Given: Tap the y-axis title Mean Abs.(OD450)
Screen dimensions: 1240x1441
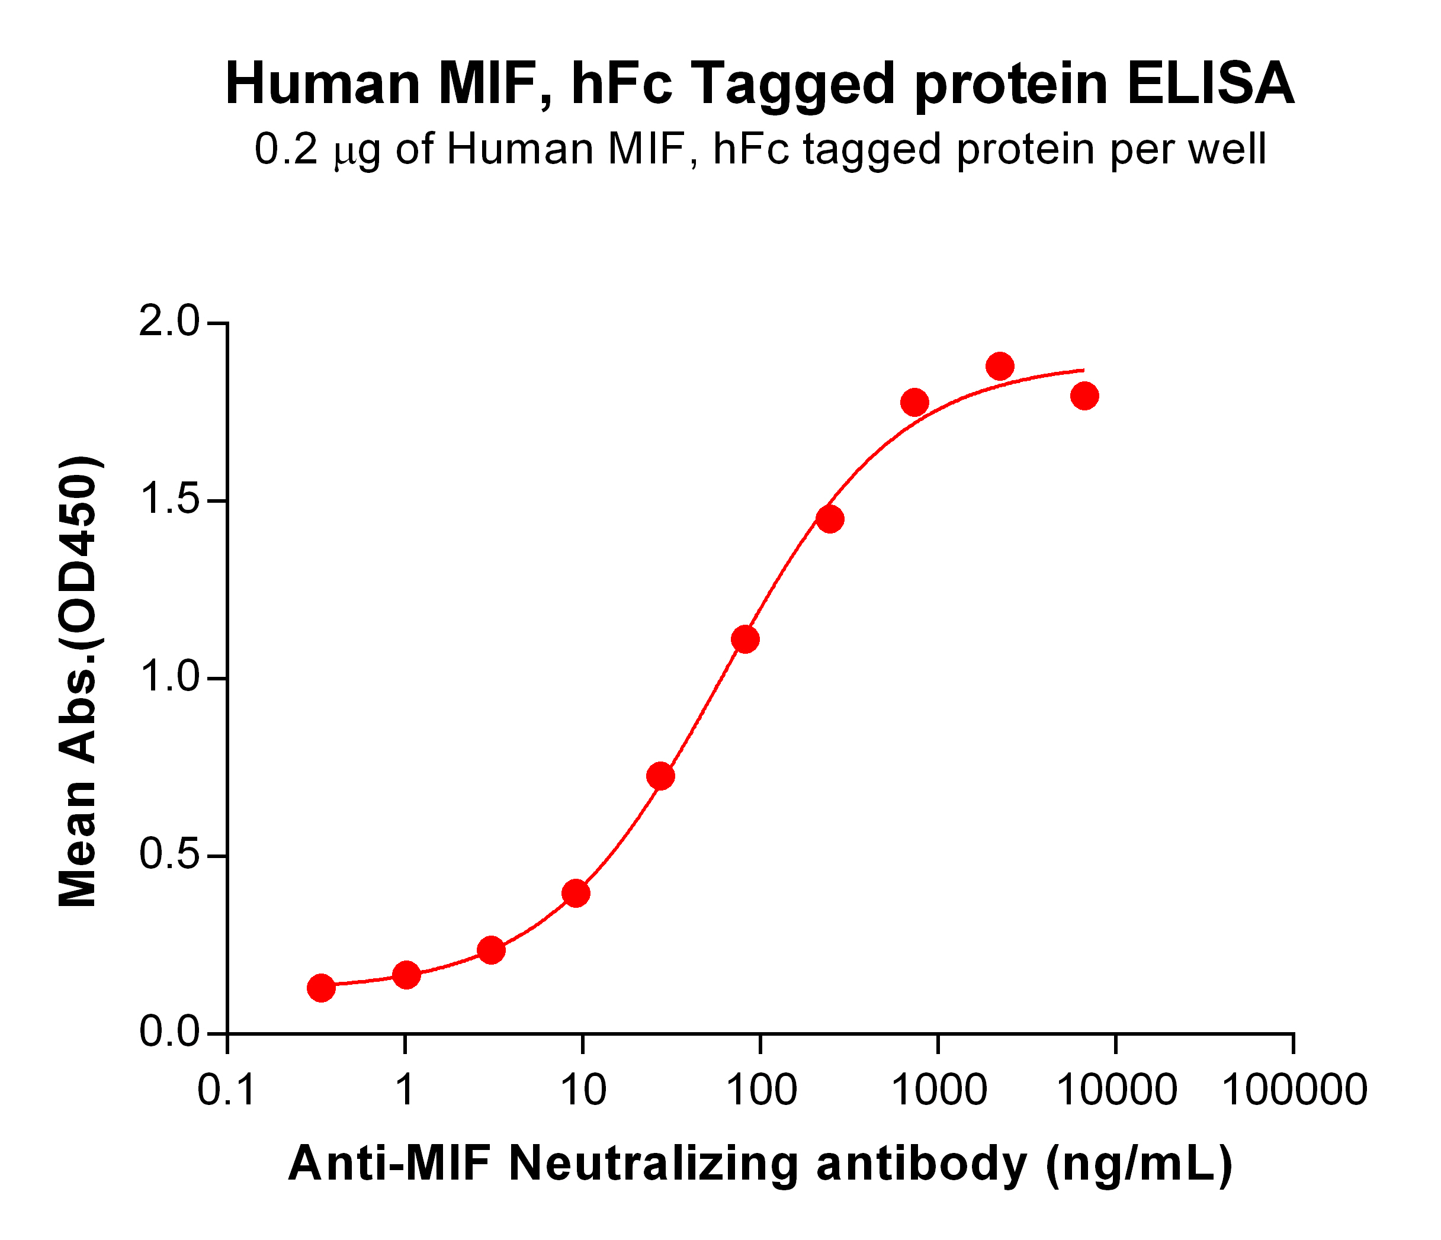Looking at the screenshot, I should pos(79,682).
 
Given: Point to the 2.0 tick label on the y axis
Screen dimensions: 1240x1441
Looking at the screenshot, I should pos(169,323).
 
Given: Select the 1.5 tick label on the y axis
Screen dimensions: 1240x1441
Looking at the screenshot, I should pos(169,501).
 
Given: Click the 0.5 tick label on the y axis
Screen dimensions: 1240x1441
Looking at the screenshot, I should pos(169,856).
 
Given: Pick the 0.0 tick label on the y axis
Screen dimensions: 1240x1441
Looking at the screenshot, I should pos(169,1033).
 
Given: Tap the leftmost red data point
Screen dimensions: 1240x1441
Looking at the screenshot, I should pos(320,987).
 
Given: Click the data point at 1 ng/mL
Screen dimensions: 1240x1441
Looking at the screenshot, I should pos(406,975).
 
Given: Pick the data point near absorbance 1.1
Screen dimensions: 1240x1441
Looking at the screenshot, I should pos(746,639).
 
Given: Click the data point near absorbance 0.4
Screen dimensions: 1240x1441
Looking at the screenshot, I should pos(576,893).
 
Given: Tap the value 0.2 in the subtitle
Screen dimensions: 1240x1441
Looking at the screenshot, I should pos(286,150).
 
